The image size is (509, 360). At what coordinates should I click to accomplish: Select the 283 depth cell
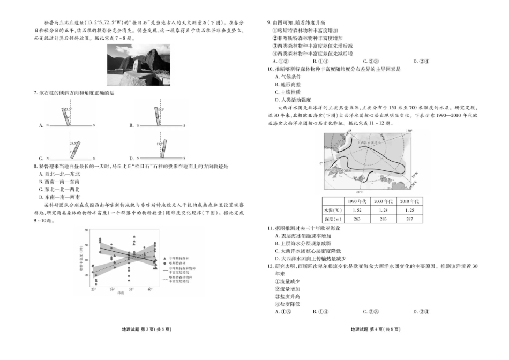(x=383, y=219)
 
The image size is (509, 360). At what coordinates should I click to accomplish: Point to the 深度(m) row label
(x=332, y=219)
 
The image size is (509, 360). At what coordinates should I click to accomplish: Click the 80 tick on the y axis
(x=85, y=230)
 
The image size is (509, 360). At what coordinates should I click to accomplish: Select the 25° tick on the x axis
(x=93, y=289)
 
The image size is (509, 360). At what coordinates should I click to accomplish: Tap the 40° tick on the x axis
(x=150, y=289)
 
